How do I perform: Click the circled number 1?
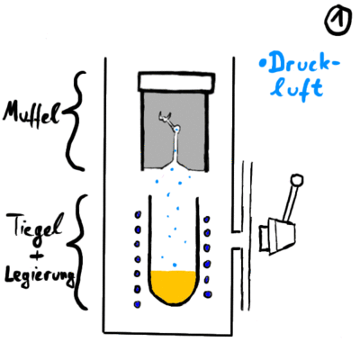click(x=338, y=21)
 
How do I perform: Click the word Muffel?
click(x=31, y=115)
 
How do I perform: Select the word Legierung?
click(x=39, y=276)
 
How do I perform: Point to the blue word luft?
click(x=296, y=88)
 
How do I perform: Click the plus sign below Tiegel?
click(x=38, y=256)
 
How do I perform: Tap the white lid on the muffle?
click(x=176, y=81)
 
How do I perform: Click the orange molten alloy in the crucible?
click(x=174, y=286)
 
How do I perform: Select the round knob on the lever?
click(x=297, y=181)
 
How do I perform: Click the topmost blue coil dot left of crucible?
click(x=139, y=215)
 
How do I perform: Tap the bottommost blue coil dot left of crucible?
click(x=138, y=304)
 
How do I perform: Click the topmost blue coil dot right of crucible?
click(x=207, y=220)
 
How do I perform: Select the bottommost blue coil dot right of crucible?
click(x=207, y=294)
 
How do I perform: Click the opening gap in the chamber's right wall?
click(x=237, y=240)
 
